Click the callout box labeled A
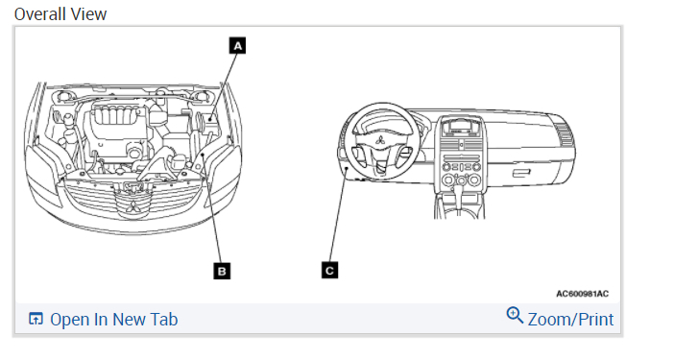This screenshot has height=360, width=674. pyautogui.click(x=238, y=45)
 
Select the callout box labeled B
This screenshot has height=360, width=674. pyautogui.click(x=222, y=271)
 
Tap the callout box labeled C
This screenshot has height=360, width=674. pyautogui.click(x=329, y=270)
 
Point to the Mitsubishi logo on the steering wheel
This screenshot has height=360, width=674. pyautogui.click(x=380, y=140)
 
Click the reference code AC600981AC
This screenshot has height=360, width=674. pyautogui.click(x=583, y=294)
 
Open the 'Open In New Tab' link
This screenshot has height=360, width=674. pyautogui.click(x=114, y=320)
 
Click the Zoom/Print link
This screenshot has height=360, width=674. pyautogui.click(x=570, y=320)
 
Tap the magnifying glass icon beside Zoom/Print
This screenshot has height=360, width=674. pyautogui.click(x=515, y=315)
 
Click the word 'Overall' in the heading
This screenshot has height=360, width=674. pyautogui.click(x=40, y=14)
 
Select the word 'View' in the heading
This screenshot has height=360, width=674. pyautogui.click(x=88, y=14)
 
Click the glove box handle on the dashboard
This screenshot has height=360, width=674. pyautogui.click(x=521, y=173)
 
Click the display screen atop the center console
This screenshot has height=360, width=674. pyautogui.click(x=459, y=128)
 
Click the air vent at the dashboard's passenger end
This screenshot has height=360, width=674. pyautogui.click(x=563, y=133)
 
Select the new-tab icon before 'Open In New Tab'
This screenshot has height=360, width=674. pyautogui.click(x=36, y=319)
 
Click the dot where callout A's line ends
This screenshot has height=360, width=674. pyautogui.click(x=210, y=119)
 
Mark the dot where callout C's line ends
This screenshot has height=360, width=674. pyautogui.click(x=347, y=169)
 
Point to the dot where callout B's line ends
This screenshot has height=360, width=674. pyautogui.click(x=202, y=154)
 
